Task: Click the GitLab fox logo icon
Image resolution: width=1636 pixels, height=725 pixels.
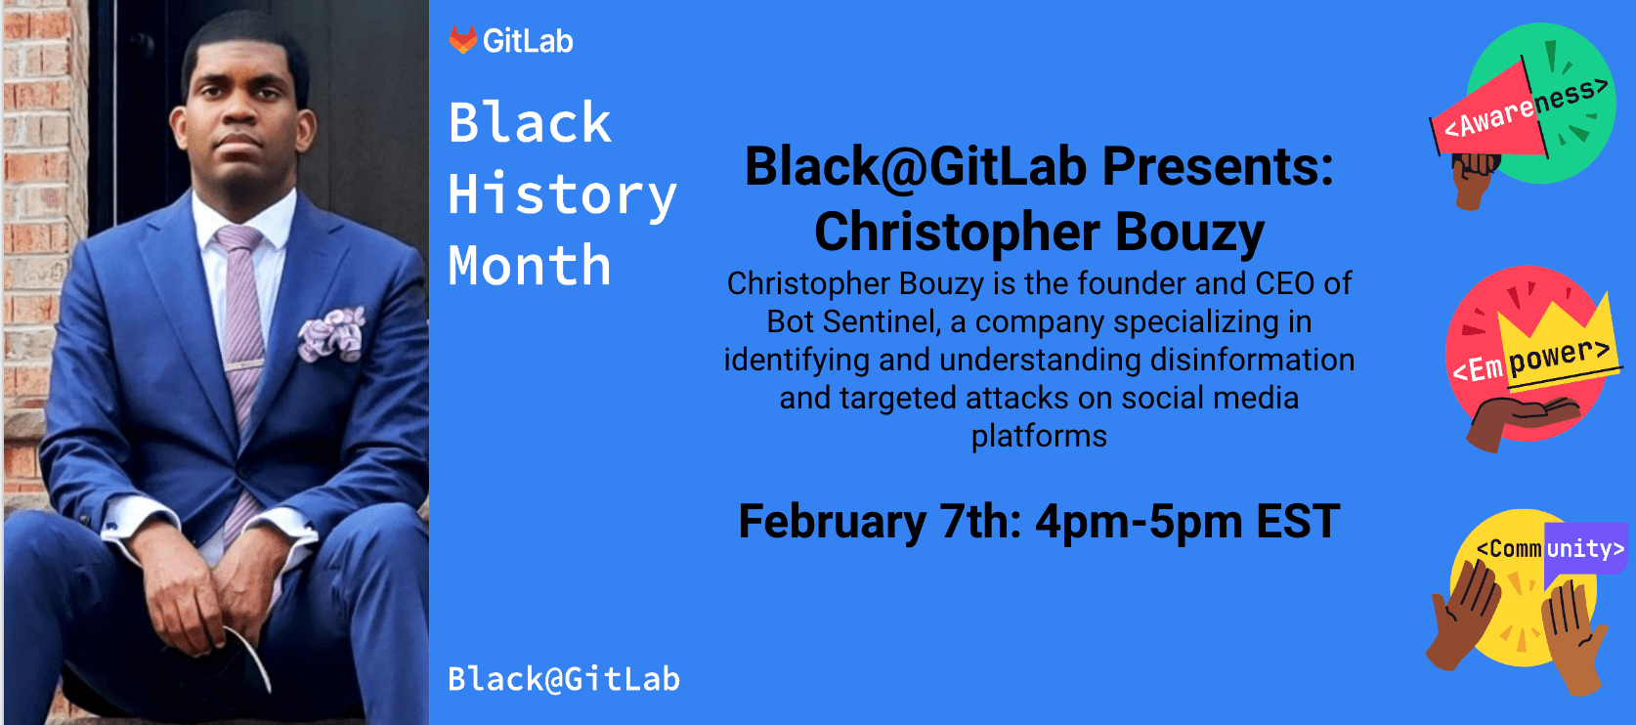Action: [x=462, y=40]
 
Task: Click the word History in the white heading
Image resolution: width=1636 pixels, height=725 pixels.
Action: [x=562, y=194]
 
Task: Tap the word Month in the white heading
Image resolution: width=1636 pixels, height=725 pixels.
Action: [x=530, y=266]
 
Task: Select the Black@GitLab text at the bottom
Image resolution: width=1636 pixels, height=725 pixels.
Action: [x=563, y=679]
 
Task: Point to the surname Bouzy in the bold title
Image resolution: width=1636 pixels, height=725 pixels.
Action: [x=1189, y=233]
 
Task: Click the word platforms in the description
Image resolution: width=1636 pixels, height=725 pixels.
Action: [x=1039, y=436]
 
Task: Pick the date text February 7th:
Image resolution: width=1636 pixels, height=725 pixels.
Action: [x=879, y=522]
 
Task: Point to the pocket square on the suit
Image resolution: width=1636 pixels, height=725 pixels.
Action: [x=332, y=332]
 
